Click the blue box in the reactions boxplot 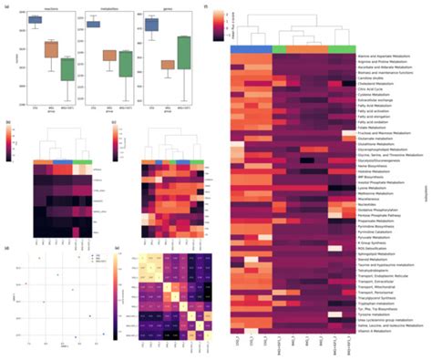pyautogui.click(x=35, y=19)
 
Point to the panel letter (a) pyautogui.click(x=7, y=6)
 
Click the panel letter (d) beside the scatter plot pyautogui.click(x=7, y=246)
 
